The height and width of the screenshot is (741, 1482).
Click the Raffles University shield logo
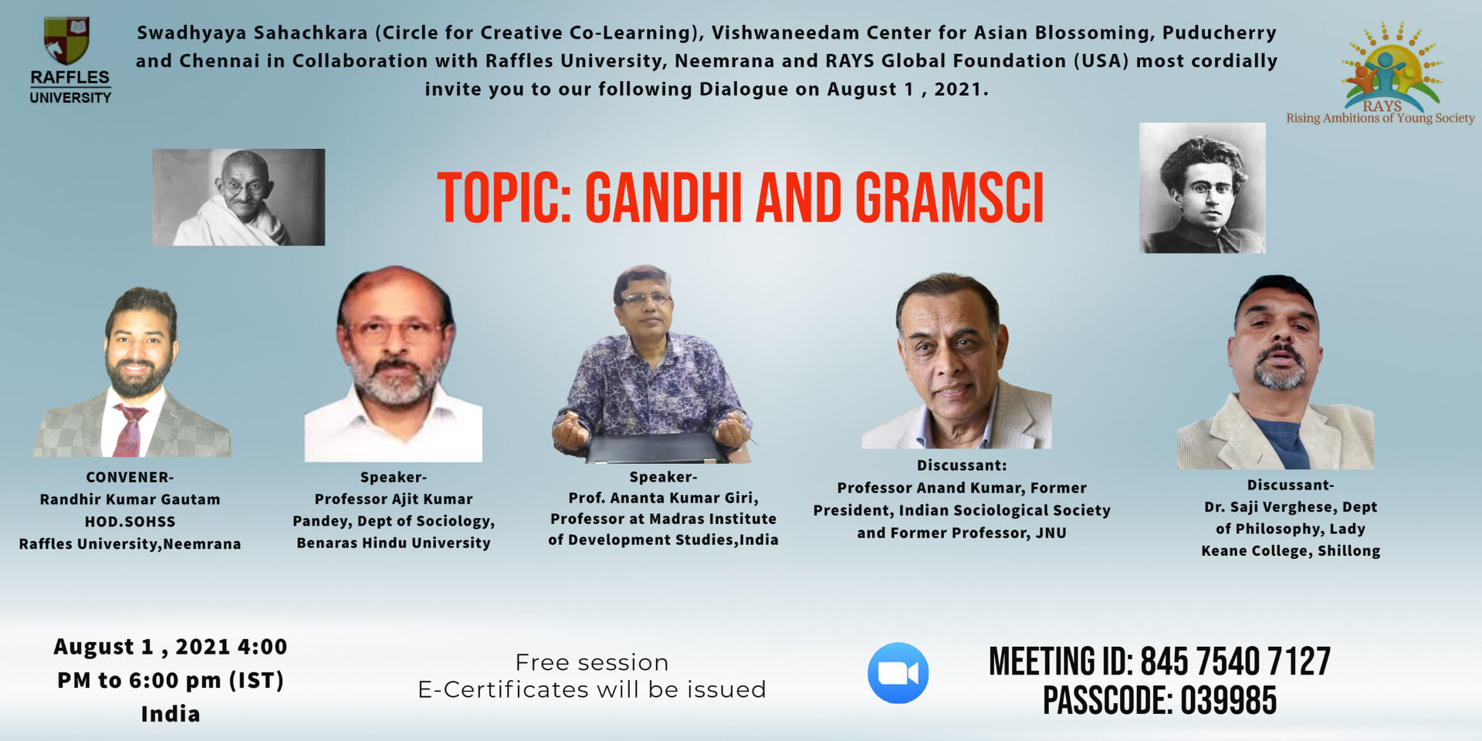[67, 40]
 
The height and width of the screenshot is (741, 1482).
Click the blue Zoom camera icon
[898, 673]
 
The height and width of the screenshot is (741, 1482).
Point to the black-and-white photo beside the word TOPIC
[239, 198]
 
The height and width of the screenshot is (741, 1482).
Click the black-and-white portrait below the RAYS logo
[1203, 188]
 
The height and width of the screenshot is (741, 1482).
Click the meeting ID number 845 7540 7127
[1235, 662]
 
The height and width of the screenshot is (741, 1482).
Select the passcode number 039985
[1228, 701]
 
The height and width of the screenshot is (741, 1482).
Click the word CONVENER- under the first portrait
[130, 478]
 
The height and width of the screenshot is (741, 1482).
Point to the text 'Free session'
[592, 662]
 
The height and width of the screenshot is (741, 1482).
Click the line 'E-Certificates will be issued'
[592, 689]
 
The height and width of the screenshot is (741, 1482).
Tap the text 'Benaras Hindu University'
[394, 543]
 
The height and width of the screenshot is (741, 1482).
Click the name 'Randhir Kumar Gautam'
[130, 499]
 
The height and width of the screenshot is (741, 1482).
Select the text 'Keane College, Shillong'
[1291, 551]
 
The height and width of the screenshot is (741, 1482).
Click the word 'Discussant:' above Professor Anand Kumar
[962, 465]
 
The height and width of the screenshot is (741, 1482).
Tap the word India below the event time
[171, 714]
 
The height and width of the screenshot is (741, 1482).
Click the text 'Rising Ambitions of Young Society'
[1380, 118]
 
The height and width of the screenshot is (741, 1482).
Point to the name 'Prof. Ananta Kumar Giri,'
[664, 499]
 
